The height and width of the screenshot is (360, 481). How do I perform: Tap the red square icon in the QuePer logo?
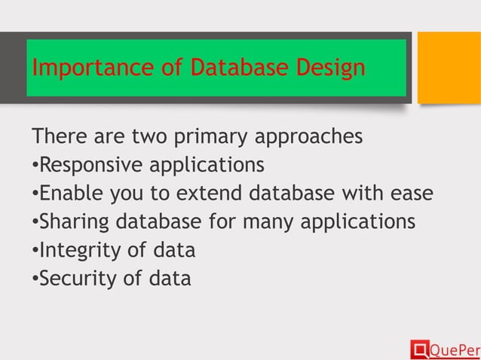[x=418, y=349]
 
